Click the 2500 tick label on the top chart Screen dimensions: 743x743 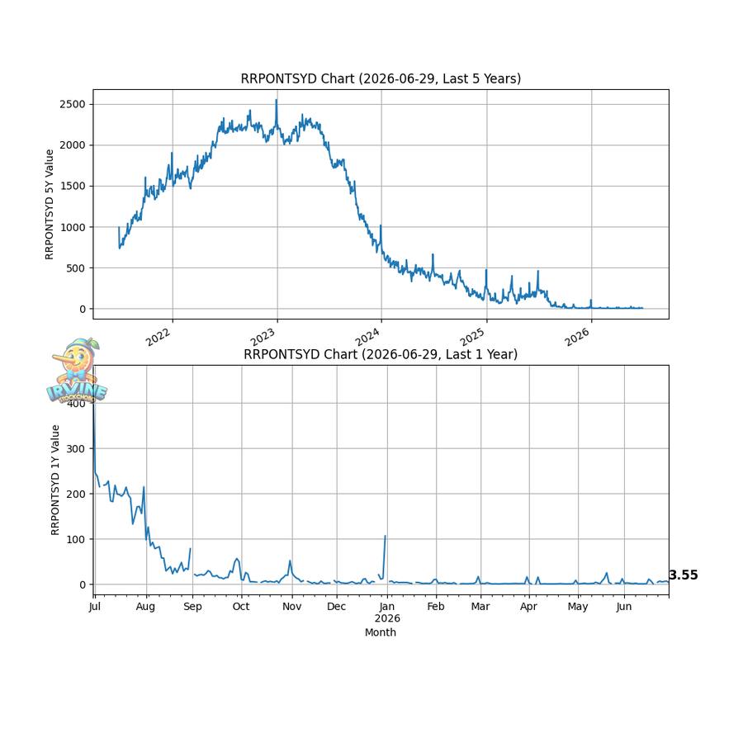pyautogui.click(x=73, y=104)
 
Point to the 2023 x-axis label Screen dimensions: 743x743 pyautogui.click(x=263, y=337)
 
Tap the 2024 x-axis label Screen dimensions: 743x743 pyautogui.click(x=367, y=337)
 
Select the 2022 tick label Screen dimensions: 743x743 pyautogui.click(x=158, y=337)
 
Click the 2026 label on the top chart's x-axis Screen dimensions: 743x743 pyautogui.click(x=577, y=337)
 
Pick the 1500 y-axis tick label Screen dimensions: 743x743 pyautogui.click(x=73, y=187)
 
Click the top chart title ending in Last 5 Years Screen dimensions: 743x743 pyautogui.click(x=381, y=78)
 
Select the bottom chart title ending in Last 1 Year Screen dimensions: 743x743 pyautogui.click(x=381, y=354)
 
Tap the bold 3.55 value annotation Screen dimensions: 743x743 pyautogui.click(x=684, y=575)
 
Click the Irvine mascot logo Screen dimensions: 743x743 pyautogui.click(x=78, y=371)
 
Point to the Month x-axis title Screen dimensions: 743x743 pyautogui.click(x=381, y=632)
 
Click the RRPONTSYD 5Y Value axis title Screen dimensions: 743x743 pyautogui.click(x=50, y=204)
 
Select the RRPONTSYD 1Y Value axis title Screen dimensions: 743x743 pyautogui.click(x=55, y=480)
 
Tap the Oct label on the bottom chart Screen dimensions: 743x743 pyautogui.click(x=241, y=607)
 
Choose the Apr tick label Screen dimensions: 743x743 pyautogui.click(x=528, y=607)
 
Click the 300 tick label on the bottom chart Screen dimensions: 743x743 pyautogui.click(x=76, y=449)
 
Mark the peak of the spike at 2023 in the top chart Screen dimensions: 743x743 pyautogui.click(x=277, y=100)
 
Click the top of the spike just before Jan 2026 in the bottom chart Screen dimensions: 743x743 pyautogui.click(x=386, y=536)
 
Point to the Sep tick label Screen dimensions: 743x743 pyautogui.click(x=192, y=607)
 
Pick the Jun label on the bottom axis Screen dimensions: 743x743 pyautogui.click(x=624, y=607)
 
